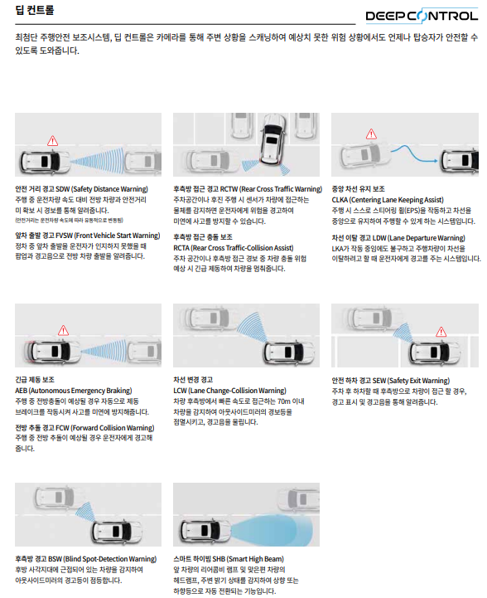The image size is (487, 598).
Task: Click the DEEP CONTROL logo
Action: [x=422, y=16]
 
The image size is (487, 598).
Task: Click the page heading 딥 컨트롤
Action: [x=35, y=10]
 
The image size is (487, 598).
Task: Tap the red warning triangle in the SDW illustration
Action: [x=52, y=141]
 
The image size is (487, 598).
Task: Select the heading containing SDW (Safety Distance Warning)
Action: [x=81, y=189]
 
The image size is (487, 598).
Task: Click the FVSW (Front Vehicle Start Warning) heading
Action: [x=88, y=236]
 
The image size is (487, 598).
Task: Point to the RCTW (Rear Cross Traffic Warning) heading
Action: [x=248, y=189]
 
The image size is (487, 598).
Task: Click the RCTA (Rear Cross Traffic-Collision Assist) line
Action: [x=234, y=248]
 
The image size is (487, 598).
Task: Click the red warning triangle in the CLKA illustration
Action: [x=371, y=134]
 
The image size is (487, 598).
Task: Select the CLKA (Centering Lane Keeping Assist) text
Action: [x=388, y=200]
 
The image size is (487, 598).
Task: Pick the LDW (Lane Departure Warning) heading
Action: [x=398, y=238]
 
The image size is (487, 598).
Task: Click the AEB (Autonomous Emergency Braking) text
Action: [x=74, y=391]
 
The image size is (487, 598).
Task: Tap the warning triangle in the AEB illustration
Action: [x=63, y=331]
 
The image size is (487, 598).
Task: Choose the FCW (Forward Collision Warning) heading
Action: [x=84, y=428]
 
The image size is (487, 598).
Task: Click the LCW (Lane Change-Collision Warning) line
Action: [x=229, y=391]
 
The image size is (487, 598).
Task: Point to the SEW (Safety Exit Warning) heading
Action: [x=391, y=381]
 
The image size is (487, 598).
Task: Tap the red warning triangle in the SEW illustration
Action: [x=441, y=333]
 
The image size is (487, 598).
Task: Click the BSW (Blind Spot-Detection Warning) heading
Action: [x=85, y=559]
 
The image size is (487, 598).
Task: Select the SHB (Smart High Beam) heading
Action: [x=229, y=559]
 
